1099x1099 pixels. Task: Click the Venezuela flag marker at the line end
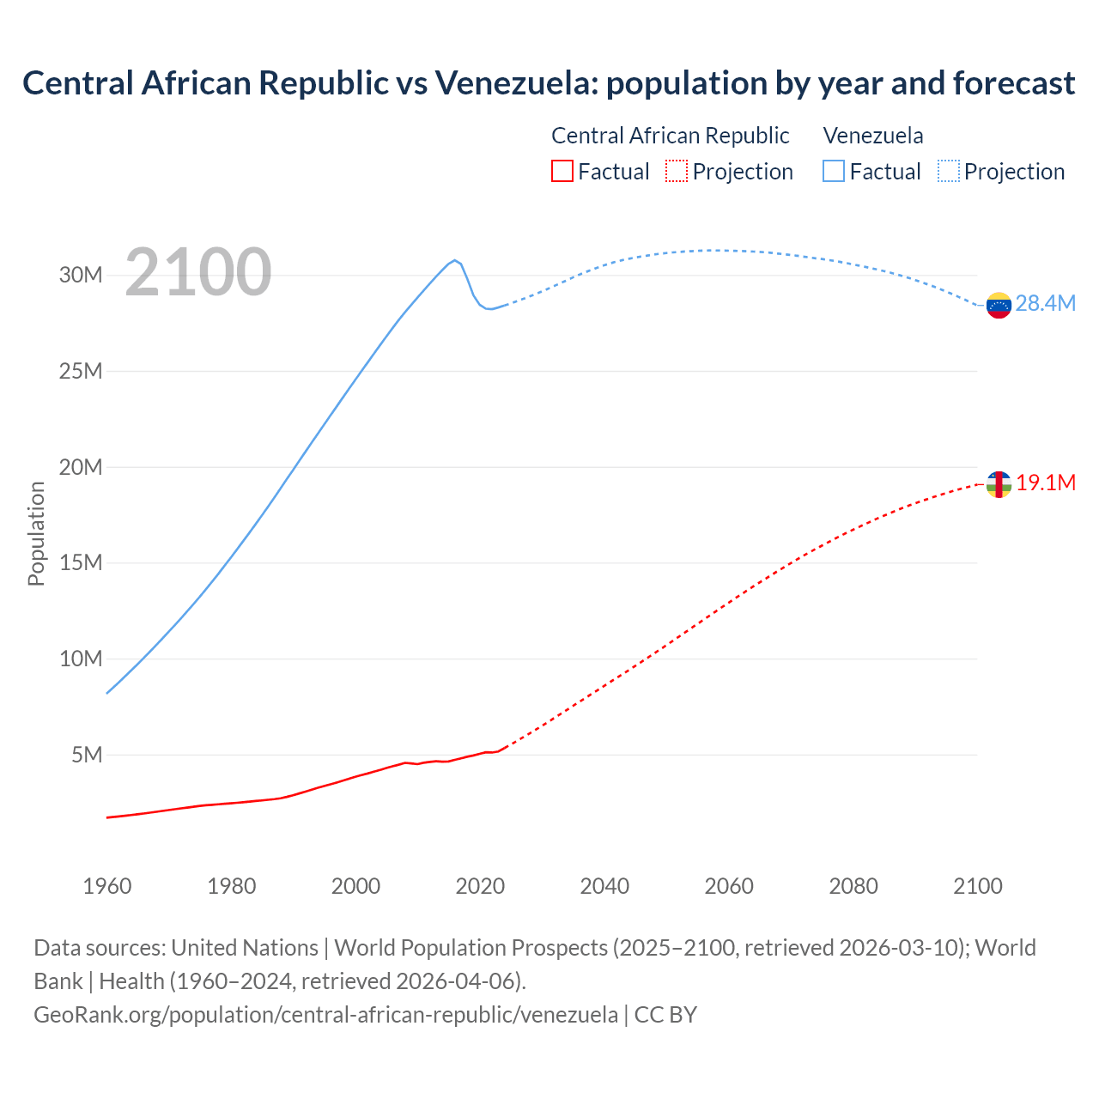[999, 305]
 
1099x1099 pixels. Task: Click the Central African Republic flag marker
[999, 484]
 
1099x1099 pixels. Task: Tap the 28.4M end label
[1045, 303]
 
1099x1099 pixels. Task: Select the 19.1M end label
[1046, 483]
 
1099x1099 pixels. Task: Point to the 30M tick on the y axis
[81, 276]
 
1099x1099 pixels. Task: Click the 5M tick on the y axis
[87, 755]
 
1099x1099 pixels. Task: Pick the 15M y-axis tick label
[81, 563]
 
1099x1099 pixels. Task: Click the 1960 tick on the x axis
[107, 886]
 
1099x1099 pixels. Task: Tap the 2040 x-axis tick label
[604, 886]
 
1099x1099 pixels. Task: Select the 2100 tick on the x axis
[977, 886]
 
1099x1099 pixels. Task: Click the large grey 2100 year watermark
[198, 272]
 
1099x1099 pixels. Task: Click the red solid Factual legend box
[562, 172]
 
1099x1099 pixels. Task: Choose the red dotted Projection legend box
[677, 172]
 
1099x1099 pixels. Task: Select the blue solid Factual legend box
[834, 172]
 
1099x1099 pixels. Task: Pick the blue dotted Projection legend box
[948, 172]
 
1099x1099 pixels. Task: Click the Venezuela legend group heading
[873, 136]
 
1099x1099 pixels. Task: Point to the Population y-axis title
[36, 533]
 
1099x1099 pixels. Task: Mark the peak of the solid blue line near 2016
[454, 260]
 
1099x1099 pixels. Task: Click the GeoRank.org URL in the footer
[325, 1014]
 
